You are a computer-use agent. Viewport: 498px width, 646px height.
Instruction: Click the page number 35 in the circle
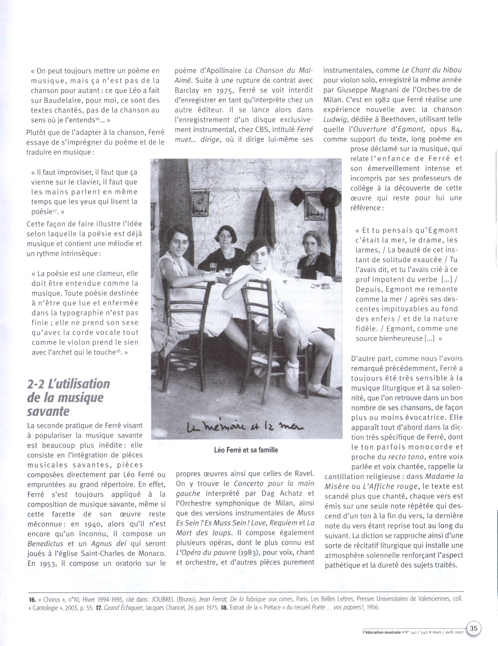(x=474, y=628)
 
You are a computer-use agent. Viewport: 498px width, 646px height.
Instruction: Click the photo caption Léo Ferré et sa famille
(x=246, y=450)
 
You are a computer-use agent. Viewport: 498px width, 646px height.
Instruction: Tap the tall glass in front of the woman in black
(x=213, y=269)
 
